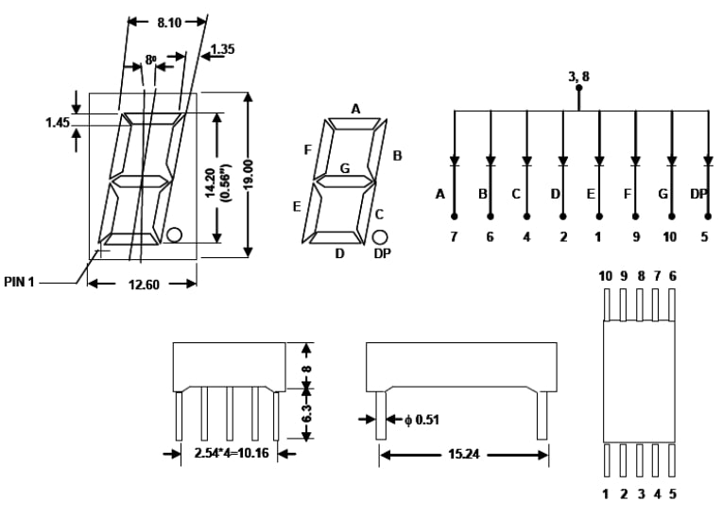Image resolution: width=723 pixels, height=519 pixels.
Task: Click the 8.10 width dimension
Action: click(169, 22)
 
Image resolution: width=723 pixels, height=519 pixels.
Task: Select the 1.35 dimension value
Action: click(223, 49)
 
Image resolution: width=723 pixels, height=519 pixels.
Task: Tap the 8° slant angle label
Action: click(151, 60)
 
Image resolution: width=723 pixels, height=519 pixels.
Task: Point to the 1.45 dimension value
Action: click(58, 122)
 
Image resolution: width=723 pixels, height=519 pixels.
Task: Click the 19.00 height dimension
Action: click(248, 174)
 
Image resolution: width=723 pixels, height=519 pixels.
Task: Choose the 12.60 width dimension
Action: click(144, 285)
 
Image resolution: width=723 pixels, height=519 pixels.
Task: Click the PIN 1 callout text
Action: click(19, 282)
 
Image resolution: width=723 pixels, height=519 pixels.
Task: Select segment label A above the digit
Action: click(355, 109)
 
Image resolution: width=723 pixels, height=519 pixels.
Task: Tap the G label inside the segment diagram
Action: click(344, 168)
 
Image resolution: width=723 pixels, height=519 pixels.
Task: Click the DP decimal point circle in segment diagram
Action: click(380, 237)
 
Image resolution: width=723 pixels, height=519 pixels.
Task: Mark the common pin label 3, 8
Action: click(578, 77)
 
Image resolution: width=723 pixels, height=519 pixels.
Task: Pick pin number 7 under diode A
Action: click(454, 236)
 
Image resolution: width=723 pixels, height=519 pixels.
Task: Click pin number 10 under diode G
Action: click(669, 236)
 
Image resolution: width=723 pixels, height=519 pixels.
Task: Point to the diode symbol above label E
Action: click(599, 162)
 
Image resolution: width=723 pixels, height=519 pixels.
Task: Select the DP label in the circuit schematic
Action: click(699, 194)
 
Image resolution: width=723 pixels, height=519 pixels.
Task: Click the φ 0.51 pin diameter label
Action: click(422, 420)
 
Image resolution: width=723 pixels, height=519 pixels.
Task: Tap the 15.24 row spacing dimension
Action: click(464, 455)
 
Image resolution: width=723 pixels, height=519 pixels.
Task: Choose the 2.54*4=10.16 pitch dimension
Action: click(232, 453)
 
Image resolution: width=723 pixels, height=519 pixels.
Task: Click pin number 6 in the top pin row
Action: click(672, 276)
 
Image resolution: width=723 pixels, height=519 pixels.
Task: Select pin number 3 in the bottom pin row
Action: click(641, 494)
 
